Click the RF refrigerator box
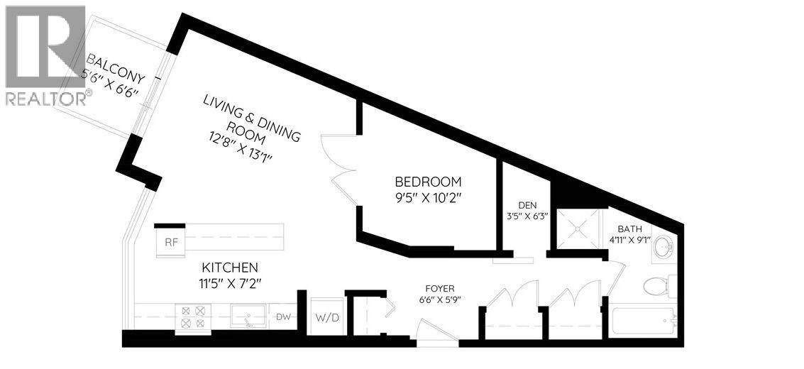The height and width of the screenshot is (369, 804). pos(171,241)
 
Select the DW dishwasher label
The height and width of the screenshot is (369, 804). pos(283,317)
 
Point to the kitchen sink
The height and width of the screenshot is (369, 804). pos(248,316)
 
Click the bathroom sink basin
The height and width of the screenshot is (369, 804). pos(663,247)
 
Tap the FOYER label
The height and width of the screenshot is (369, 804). pos(440,289)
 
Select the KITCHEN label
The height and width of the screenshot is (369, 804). pos(229,268)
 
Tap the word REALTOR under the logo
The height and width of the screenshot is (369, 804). pos(45,98)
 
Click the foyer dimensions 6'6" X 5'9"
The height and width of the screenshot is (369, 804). pos(440,299)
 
